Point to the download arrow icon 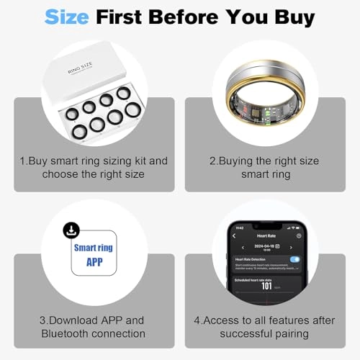(71, 230)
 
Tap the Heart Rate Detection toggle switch (294, 258)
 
